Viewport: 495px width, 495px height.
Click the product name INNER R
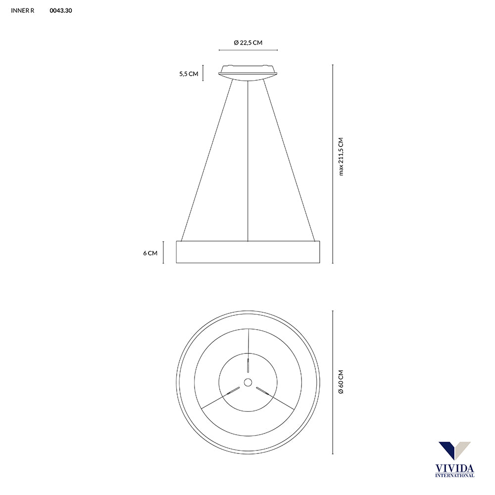(22, 10)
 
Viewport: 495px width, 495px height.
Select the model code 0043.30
(60, 10)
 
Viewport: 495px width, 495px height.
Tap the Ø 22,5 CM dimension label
(248, 43)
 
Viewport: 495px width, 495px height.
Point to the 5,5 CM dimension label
(189, 74)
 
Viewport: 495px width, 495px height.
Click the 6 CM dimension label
(150, 253)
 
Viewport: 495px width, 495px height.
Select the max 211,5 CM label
(341, 156)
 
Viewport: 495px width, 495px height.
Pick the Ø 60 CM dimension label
(341, 382)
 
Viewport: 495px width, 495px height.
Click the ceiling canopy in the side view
(248, 73)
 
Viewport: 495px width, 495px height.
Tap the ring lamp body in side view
(248, 252)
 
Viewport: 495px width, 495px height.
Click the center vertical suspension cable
(248, 161)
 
